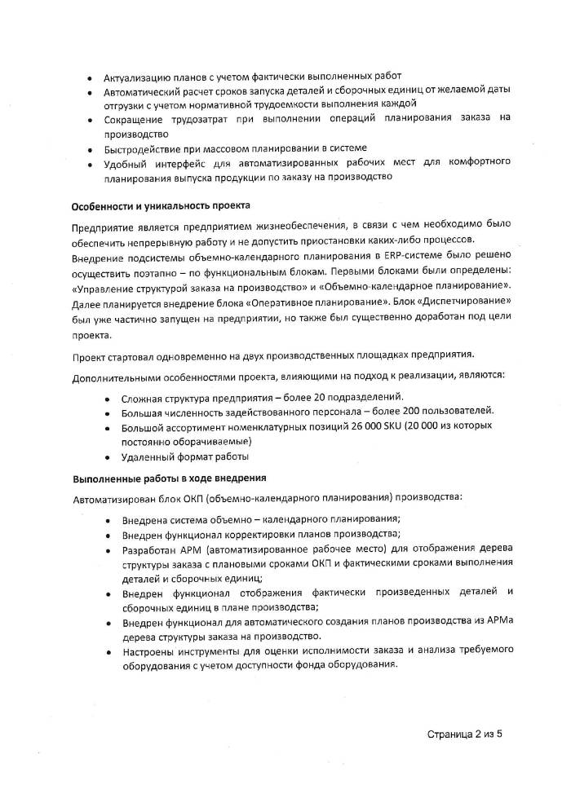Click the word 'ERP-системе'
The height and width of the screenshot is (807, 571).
click(x=418, y=258)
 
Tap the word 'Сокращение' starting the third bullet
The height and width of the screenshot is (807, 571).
click(x=131, y=119)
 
